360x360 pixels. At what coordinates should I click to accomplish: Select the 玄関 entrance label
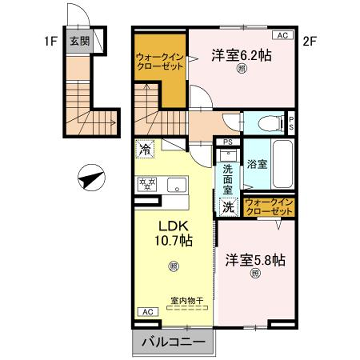tap(79, 42)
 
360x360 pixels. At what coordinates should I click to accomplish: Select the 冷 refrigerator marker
tap(145, 150)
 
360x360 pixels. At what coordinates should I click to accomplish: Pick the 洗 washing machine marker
tap(229, 207)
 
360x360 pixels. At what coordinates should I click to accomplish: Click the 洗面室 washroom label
tap(229, 176)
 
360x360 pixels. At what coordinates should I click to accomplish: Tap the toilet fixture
tap(266, 124)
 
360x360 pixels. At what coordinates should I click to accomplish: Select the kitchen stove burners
tap(147, 183)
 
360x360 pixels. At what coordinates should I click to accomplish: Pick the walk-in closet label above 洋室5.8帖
tap(268, 208)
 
